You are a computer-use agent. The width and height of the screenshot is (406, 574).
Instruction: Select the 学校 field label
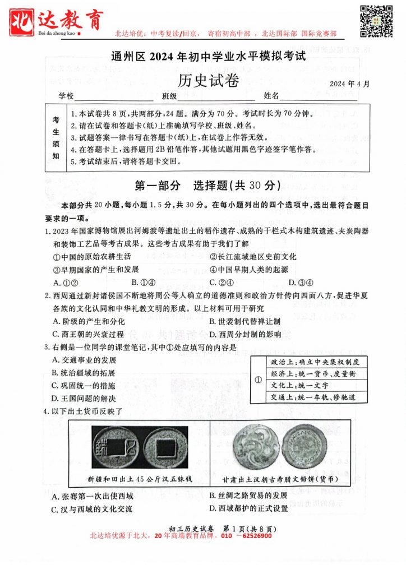pyautogui.click(x=66, y=96)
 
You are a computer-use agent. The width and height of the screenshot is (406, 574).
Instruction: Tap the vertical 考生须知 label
pyautogui.click(x=56, y=138)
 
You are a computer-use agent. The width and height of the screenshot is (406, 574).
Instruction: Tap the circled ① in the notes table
pyautogui.click(x=259, y=379)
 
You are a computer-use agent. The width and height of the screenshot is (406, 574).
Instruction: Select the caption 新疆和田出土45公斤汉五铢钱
pyautogui.click(x=140, y=479)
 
